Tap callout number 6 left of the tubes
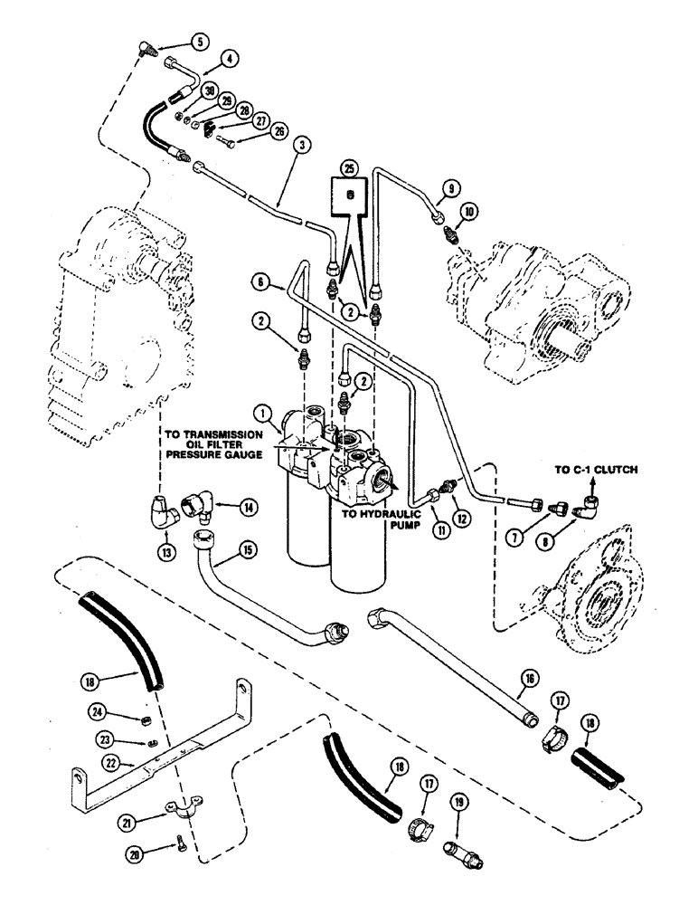click(x=262, y=284)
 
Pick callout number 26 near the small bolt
click(x=278, y=132)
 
